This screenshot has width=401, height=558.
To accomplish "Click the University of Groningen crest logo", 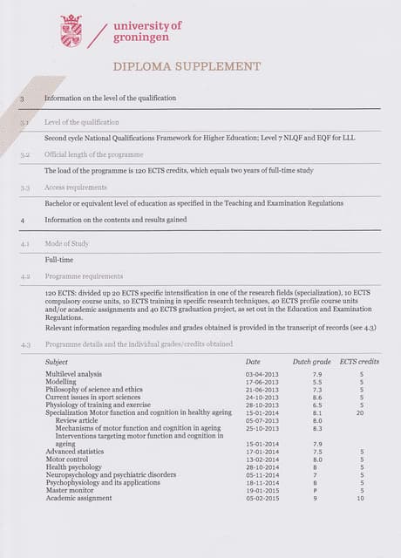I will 71,31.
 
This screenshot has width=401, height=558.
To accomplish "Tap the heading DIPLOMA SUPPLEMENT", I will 187,66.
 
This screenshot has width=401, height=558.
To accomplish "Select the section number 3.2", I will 25,153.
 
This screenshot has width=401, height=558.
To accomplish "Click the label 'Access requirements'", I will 76,187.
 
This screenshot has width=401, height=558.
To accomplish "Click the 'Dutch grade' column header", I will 311,361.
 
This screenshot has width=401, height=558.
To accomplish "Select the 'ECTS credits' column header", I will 359,361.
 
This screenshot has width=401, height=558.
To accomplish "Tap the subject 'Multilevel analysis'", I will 73,374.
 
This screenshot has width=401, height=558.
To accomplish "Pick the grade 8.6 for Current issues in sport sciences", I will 317,398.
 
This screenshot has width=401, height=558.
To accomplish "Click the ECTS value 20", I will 360,413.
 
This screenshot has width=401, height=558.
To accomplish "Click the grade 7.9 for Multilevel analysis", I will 317,374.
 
